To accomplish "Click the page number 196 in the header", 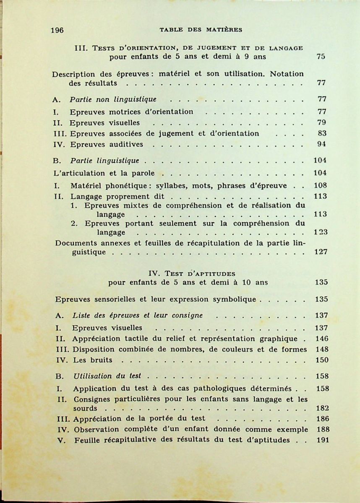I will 57,30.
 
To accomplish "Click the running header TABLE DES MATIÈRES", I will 201,30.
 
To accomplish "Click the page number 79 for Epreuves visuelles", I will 322,123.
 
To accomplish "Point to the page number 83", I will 322,134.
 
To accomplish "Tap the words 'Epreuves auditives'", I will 107,144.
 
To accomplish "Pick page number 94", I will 322,144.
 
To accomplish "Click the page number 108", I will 321,186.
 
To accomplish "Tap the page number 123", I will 321,232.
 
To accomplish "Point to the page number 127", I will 321,252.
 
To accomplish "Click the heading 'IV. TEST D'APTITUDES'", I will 189,274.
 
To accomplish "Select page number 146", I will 322,339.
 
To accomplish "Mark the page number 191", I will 323,440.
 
